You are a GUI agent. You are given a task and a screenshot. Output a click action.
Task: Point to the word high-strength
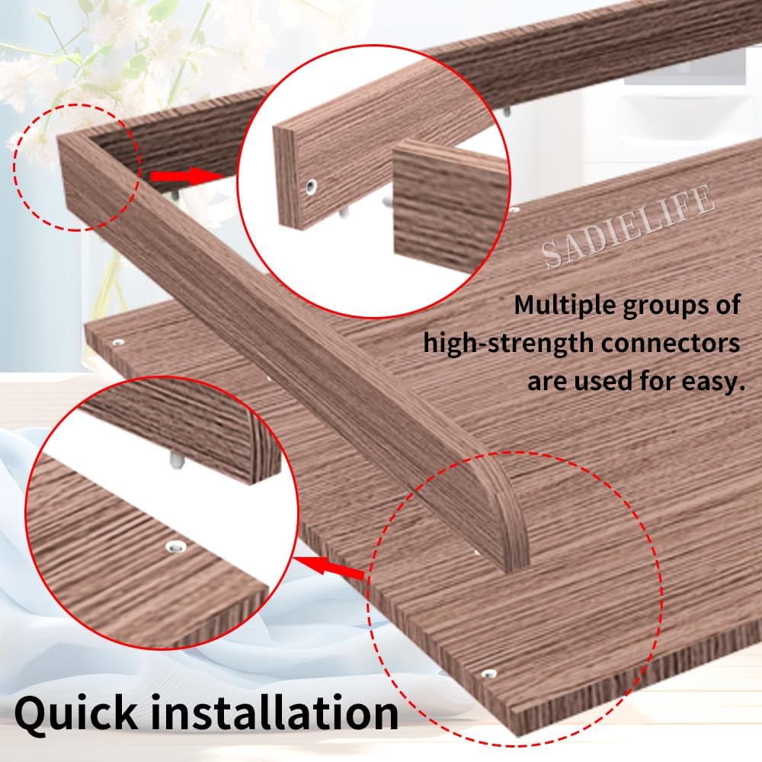508,342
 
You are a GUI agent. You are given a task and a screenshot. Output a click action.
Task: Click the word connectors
671,342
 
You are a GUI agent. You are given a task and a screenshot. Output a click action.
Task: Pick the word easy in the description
706,380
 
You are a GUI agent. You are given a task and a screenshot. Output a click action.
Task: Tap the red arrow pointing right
183,176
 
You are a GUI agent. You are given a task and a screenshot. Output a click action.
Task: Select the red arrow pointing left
331,568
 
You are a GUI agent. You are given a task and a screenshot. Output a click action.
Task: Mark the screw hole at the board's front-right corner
488,674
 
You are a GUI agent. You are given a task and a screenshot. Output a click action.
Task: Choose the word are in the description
551,380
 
